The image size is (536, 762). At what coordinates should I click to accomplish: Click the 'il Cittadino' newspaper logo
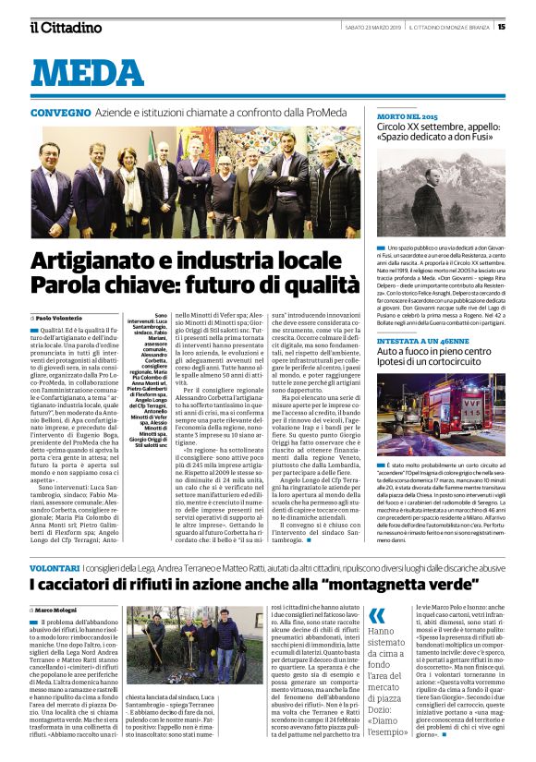tap(66, 26)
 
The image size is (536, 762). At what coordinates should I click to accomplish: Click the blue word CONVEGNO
tap(60, 112)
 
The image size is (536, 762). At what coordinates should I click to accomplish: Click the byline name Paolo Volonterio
tap(59, 318)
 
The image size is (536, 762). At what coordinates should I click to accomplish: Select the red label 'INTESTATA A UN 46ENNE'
tap(421, 340)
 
